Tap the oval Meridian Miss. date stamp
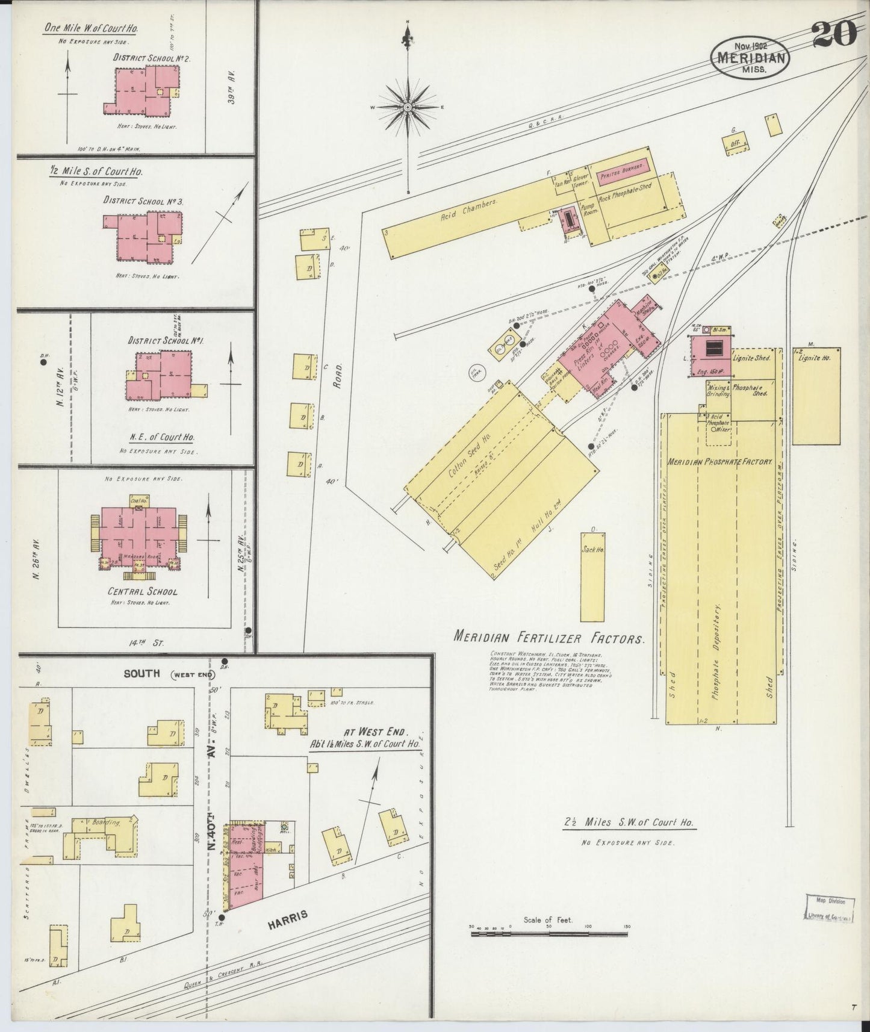pos(750,58)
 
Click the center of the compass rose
pos(408,107)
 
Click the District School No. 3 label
pos(143,201)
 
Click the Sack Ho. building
pos(592,577)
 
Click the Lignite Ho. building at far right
pos(816,396)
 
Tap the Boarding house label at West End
pos(106,822)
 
